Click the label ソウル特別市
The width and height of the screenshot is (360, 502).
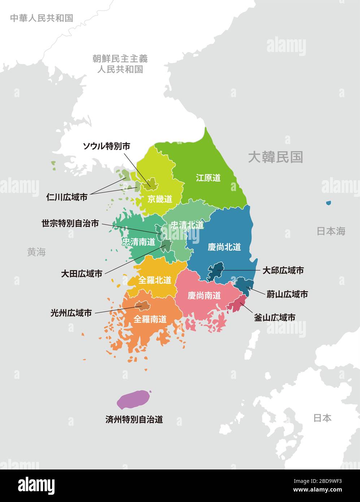pos(107,146)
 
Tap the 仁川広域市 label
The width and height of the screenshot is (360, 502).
pos(67,197)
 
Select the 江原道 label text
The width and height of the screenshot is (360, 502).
pos(208,178)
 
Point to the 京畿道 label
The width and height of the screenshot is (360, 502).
pos(160,199)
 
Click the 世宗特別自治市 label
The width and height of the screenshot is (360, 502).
pos(70,224)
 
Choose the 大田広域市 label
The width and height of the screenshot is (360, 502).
pos(82,274)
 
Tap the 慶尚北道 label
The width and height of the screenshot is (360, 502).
pos(224,247)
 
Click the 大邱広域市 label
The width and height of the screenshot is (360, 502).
pos(283,270)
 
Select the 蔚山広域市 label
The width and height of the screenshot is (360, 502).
pos(287,294)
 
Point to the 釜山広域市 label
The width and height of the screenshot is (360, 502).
pos(275,317)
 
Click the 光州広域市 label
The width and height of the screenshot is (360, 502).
pos(71,313)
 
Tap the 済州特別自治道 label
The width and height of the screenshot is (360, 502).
pos(134,419)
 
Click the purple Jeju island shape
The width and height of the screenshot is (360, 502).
pos(133,399)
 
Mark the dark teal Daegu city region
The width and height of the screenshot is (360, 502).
pos(216,271)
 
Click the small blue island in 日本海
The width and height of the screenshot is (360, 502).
pos(328,203)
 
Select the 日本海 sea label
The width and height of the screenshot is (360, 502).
pos(331,231)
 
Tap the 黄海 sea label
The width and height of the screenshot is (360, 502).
pos(36,252)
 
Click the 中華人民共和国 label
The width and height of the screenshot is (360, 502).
pos(42,18)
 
